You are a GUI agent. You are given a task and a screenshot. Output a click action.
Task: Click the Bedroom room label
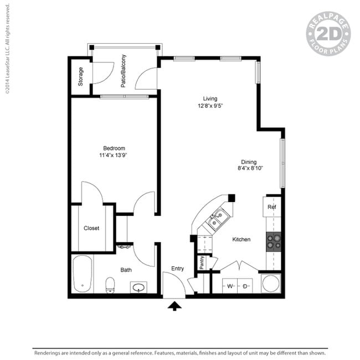114,148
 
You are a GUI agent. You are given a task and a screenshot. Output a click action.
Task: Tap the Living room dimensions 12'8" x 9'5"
210,106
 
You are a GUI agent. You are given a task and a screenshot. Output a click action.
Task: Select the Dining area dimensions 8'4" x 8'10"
250,168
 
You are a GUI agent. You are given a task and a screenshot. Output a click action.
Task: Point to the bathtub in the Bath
83,274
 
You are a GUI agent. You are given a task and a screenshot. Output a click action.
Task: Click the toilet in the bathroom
110,285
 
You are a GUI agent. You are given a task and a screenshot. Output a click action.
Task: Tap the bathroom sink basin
138,287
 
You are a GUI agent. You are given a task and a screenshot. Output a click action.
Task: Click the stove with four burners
274,242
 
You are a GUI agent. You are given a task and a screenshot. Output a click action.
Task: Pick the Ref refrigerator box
272,207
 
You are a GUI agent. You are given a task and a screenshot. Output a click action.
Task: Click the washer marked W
230,286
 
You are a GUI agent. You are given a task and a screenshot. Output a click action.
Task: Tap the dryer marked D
245,286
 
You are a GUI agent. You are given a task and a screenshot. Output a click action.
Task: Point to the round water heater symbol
271,284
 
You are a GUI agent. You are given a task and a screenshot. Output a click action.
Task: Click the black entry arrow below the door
174,306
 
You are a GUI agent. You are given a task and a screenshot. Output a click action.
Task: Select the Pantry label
202,263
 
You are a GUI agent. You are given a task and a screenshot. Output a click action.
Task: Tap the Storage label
80,76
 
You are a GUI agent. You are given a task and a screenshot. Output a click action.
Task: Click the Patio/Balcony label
124,71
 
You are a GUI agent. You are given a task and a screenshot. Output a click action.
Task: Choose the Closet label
91,228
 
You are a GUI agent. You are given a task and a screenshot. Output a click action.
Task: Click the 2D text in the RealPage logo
328,34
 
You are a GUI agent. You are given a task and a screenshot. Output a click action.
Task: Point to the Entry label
177,269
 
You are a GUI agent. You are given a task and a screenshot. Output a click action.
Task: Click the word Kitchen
241,239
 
